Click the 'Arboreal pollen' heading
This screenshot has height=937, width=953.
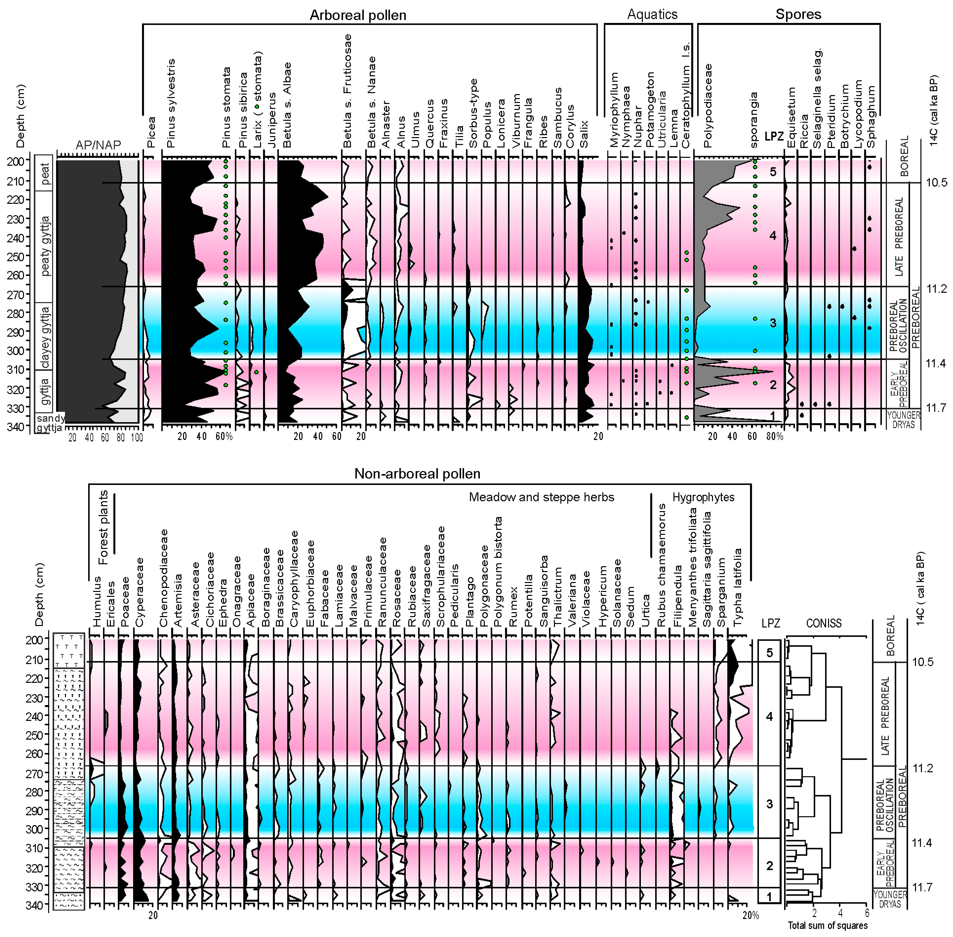pos(358,15)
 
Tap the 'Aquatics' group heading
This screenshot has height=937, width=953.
pos(652,14)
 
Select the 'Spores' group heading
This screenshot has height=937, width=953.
pos(798,14)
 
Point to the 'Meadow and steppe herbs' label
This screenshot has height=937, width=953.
pos(541,497)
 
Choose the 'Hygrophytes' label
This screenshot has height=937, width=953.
pos(703,497)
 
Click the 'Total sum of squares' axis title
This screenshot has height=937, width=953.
pos(828,925)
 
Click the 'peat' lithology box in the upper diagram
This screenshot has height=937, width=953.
pos(45,173)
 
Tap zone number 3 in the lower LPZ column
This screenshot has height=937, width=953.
pos(770,804)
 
